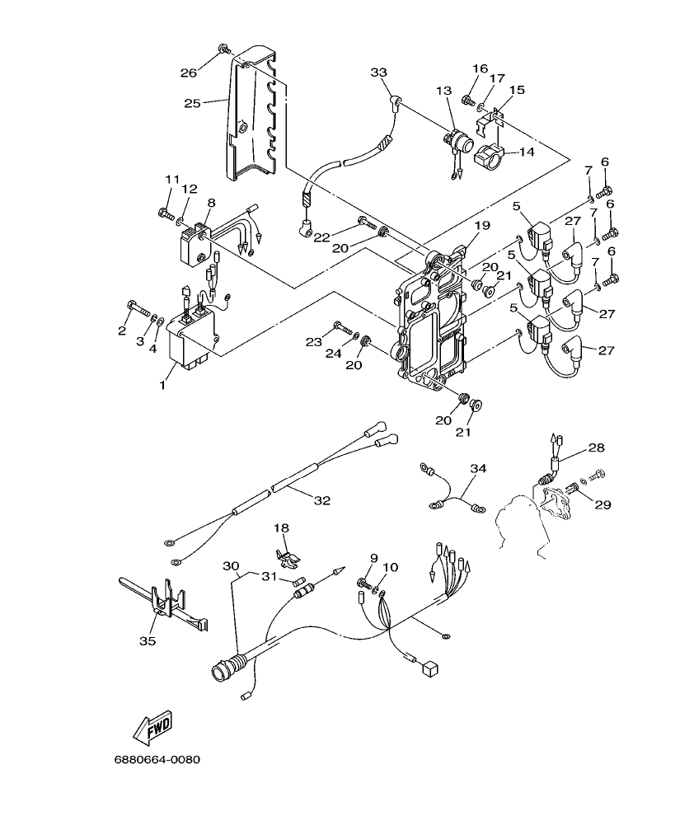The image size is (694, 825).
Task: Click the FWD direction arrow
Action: coord(152,725)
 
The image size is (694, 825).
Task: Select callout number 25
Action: coord(191,104)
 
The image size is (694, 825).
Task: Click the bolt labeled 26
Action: coord(223,49)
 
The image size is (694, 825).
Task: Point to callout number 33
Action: coord(378,73)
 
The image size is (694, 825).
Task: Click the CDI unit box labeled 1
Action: coord(192,340)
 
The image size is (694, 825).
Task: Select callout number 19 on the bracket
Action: coord(481,224)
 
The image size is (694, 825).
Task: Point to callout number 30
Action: coord(231,565)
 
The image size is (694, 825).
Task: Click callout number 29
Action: coord(603,504)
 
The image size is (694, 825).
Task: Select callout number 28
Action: coord(597,448)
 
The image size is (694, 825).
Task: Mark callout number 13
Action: coord(444,90)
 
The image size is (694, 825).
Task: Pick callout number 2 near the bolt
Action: coord(122,330)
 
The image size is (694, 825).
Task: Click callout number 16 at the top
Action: coord(480,68)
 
